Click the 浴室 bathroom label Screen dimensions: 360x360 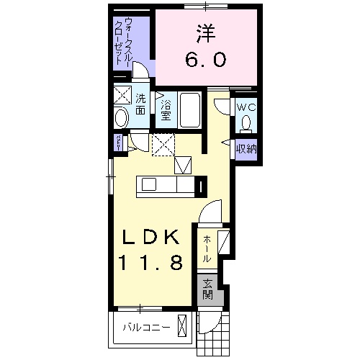point(165,109)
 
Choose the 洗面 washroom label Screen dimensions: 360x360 point(140,104)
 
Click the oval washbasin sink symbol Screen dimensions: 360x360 point(121,117)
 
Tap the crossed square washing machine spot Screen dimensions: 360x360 point(121,94)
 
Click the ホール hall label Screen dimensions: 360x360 point(207,248)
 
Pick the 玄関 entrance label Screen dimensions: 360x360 point(207,288)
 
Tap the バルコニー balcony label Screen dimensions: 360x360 point(145,327)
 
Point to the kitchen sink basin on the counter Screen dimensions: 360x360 point(148,185)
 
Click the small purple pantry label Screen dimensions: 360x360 point(118,142)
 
